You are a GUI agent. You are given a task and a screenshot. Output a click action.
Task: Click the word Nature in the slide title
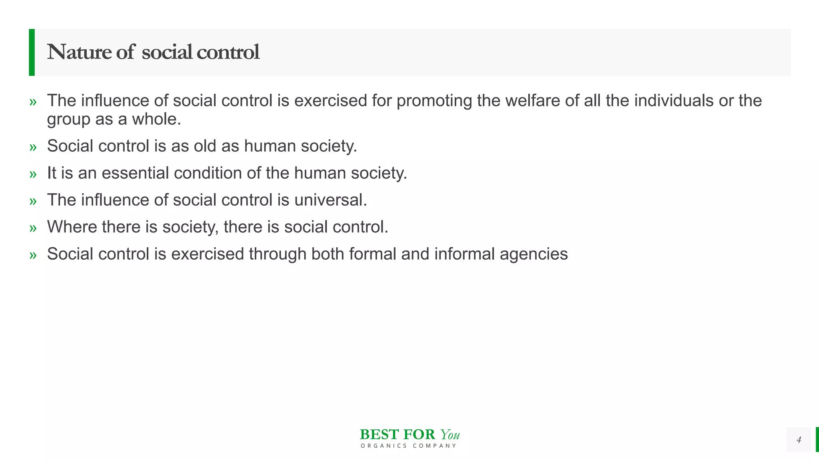pos(79,52)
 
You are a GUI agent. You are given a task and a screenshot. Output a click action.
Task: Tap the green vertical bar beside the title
pos(32,52)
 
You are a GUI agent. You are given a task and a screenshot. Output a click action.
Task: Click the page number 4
pos(799,440)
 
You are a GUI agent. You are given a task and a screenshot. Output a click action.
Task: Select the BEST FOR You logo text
pos(409,435)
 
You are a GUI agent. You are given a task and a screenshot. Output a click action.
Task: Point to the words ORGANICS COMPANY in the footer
pos(408,446)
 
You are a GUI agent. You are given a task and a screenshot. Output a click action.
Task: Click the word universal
pos(330,200)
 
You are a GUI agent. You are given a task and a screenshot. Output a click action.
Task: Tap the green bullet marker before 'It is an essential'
pos(33,174)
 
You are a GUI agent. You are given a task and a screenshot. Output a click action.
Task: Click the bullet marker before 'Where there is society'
pos(33,228)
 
